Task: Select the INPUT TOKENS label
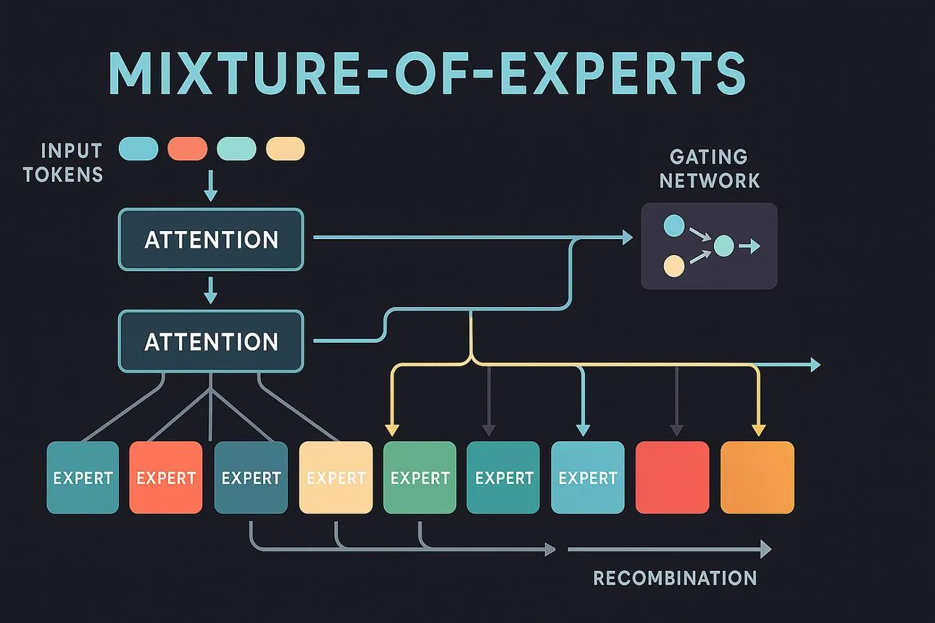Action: click(63, 163)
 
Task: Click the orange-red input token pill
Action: click(188, 149)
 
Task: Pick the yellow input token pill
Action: click(286, 149)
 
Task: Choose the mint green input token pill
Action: click(237, 149)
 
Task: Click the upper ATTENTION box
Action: click(211, 240)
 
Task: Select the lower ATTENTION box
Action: click(211, 341)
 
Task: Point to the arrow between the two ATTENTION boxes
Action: click(211, 290)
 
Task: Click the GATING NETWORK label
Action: click(709, 169)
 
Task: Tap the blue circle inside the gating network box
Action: click(674, 225)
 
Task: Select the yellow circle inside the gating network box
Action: click(674, 267)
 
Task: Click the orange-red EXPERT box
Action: click(166, 477)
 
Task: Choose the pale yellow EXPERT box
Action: click(336, 477)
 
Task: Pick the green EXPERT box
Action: click(420, 477)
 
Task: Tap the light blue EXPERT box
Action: click(588, 477)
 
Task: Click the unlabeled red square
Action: click(673, 477)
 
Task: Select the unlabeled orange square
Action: click(757, 477)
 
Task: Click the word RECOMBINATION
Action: click(675, 578)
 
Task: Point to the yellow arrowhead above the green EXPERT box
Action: click(392, 430)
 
